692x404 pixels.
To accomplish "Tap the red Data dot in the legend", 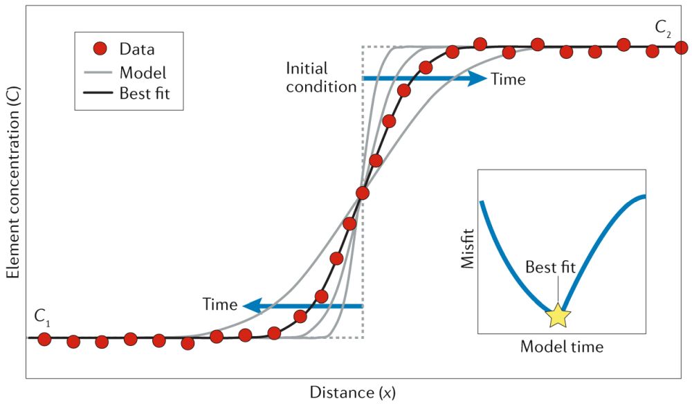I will click(100, 49).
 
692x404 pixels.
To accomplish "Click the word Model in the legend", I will click(143, 72).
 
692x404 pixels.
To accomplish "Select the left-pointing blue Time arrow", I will click(304, 305).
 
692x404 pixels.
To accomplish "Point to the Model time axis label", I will click(561, 347).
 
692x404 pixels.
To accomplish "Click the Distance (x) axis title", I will click(352, 392).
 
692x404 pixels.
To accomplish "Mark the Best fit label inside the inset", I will click(550, 267).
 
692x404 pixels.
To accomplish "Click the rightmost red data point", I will click(680, 48).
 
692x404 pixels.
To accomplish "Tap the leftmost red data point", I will click(45, 339).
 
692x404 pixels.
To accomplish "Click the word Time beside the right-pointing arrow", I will click(508, 80).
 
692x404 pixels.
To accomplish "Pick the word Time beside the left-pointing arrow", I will click(220, 304).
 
